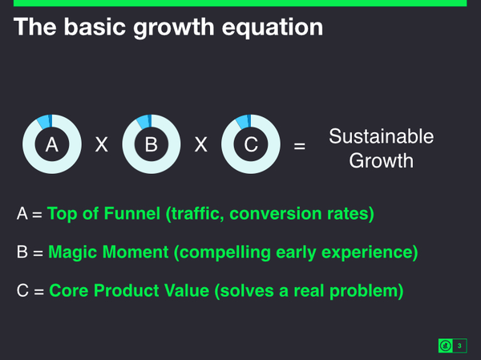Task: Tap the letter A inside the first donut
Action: click(52, 145)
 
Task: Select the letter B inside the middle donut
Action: click(151, 145)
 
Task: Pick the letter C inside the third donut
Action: click(250, 145)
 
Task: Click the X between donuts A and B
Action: click(102, 145)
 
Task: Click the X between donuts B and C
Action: click(200, 145)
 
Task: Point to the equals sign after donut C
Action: click(300, 147)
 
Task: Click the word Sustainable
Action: click(381, 136)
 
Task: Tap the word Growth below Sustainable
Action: click(381, 160)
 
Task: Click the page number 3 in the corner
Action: click(459, 346)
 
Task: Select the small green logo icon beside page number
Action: click(445, 346)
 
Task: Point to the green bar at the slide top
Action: click(240, 3)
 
